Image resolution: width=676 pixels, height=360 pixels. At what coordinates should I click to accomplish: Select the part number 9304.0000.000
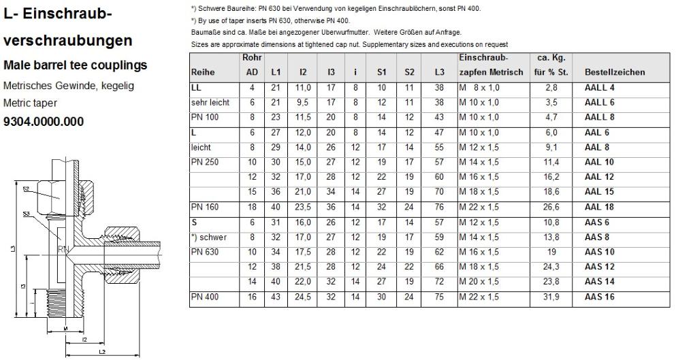point(44,122)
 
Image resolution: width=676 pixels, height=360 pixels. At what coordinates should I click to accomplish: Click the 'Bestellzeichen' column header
point(615,72)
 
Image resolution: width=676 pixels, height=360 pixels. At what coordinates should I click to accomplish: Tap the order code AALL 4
point(599,88)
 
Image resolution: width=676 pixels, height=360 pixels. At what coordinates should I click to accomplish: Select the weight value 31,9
point(552,298)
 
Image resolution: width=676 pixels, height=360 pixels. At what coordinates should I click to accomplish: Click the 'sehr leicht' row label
point(210,103)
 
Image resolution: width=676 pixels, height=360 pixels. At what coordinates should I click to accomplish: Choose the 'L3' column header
point(439,72)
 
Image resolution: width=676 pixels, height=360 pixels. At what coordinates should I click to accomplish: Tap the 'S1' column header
point(381,72)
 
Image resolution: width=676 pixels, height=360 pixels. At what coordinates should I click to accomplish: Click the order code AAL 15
point(599,193)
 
